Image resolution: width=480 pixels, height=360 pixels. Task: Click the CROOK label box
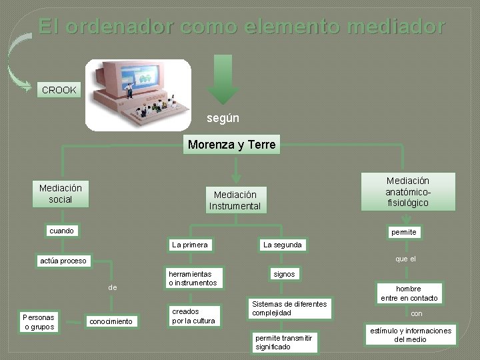(59, 90)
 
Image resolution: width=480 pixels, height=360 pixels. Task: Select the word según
(223, 118)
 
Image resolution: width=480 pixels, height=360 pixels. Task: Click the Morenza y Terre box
(231, 145)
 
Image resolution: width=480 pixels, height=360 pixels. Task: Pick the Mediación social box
(60, 194)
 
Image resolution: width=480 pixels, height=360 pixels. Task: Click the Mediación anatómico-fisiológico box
(407, 191)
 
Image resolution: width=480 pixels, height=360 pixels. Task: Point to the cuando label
(62, 231)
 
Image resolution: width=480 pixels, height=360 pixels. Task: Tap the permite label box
(403, 232)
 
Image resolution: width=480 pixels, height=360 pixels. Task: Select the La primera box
(190, 245)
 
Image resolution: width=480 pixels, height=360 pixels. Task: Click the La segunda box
(282, 245)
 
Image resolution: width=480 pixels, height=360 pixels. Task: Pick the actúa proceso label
(63, 261)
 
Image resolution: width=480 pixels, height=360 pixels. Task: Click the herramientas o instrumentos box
(192, 279)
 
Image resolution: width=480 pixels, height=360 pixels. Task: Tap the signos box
(284, 274)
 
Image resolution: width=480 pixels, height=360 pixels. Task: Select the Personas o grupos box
(39, 321)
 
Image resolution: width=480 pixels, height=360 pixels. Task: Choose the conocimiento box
(111, 321)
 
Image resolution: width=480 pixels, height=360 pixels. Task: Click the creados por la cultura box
(193, 316)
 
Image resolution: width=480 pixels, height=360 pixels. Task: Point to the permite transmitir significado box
(283, 342)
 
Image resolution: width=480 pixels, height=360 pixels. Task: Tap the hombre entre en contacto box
(409, 293)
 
